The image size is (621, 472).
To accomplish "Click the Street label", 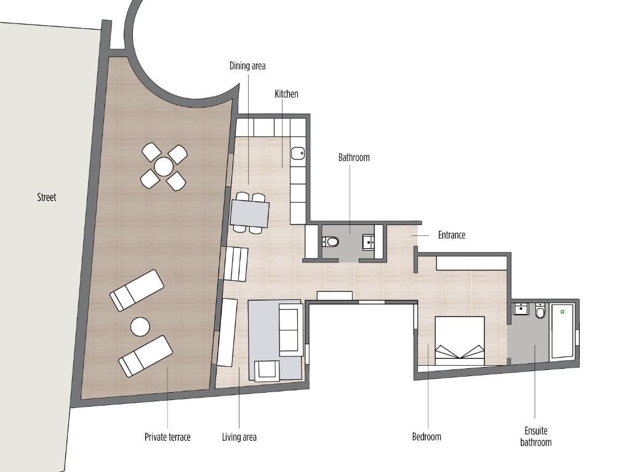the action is (x=47, y=197).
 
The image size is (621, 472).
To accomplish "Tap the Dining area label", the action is (x=247, y=66).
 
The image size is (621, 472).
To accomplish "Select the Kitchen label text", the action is (x=286, y=94).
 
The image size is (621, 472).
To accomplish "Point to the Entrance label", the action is (x=452, y=235).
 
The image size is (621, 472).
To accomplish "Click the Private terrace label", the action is (x=167, y=437).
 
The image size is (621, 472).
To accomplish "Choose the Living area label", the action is (x=239, y=437).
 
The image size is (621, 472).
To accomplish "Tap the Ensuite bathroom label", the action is (x=536, y=436).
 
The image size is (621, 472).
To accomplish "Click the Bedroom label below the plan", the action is (x=427, y=436).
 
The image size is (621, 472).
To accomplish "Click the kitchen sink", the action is (x=298, y=153).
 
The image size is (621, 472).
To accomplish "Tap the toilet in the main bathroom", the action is (x=331, y=241).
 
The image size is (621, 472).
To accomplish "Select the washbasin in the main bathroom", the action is (x=369, y=242).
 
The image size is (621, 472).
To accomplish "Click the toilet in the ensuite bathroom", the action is (x=540, y=310).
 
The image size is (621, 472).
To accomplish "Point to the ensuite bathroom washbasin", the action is (x=521, y=309).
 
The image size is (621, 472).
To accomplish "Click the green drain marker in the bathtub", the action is (x=562, y=312).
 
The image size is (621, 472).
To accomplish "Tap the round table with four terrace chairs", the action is (x=164, y=167).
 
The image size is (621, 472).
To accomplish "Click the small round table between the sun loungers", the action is (x=140, y=327).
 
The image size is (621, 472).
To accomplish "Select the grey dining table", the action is (x=250, y=214).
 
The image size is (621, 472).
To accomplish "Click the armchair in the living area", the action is (x=267, y=371).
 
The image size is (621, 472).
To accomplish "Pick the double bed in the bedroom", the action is (x=459, y=340).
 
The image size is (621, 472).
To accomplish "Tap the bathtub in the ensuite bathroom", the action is (x=563, y=331).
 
